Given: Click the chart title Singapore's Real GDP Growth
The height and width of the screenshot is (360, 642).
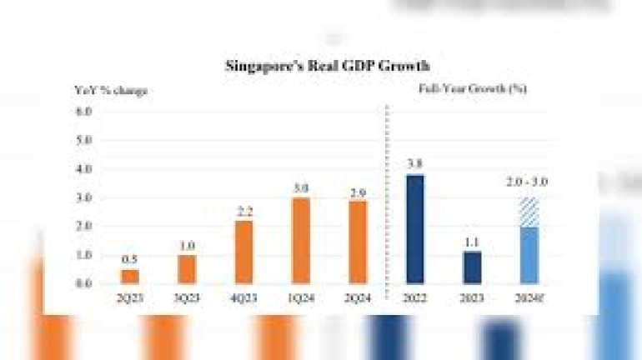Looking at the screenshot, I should pos(328,65).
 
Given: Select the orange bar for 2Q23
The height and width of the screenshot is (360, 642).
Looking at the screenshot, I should pos(131,277).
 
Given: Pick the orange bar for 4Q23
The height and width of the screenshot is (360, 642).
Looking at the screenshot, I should pos(244,252).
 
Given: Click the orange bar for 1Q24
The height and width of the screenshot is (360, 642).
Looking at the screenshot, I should pos(301,241).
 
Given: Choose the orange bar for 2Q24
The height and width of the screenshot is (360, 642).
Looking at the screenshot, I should pos(356,242).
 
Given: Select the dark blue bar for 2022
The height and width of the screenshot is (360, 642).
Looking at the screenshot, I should pos(414,229).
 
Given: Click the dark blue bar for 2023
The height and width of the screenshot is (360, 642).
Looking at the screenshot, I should pos(472,267).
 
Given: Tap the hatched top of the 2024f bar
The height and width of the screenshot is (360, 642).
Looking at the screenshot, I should pos(529,212).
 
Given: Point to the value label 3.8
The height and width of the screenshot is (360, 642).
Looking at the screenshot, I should pos(414,165).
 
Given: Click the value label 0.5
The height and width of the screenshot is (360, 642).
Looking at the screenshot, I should pos(131,259).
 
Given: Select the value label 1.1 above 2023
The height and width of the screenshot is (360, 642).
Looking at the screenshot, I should pos(472,241).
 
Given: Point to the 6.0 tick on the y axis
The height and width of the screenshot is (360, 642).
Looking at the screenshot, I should pos(83,110).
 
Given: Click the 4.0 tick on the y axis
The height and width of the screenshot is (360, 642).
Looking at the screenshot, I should pos(83,168).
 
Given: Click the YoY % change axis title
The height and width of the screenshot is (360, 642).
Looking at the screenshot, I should pos(111,90).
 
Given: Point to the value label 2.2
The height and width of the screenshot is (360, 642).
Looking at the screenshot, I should pos(244,211).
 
